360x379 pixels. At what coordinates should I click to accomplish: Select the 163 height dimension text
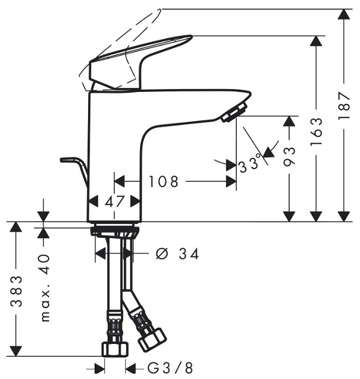pyautogui.click(x=317, y=131)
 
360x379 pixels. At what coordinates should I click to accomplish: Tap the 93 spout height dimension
pyautogui.click(x=290, y=157)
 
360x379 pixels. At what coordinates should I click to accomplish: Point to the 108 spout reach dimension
pyautogui.click(x=163, y=182)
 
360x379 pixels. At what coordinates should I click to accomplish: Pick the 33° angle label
pyautogui.click(x=250, y=163)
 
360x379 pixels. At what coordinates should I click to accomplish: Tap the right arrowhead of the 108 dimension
pyautogui.click(x=231, y=182)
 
